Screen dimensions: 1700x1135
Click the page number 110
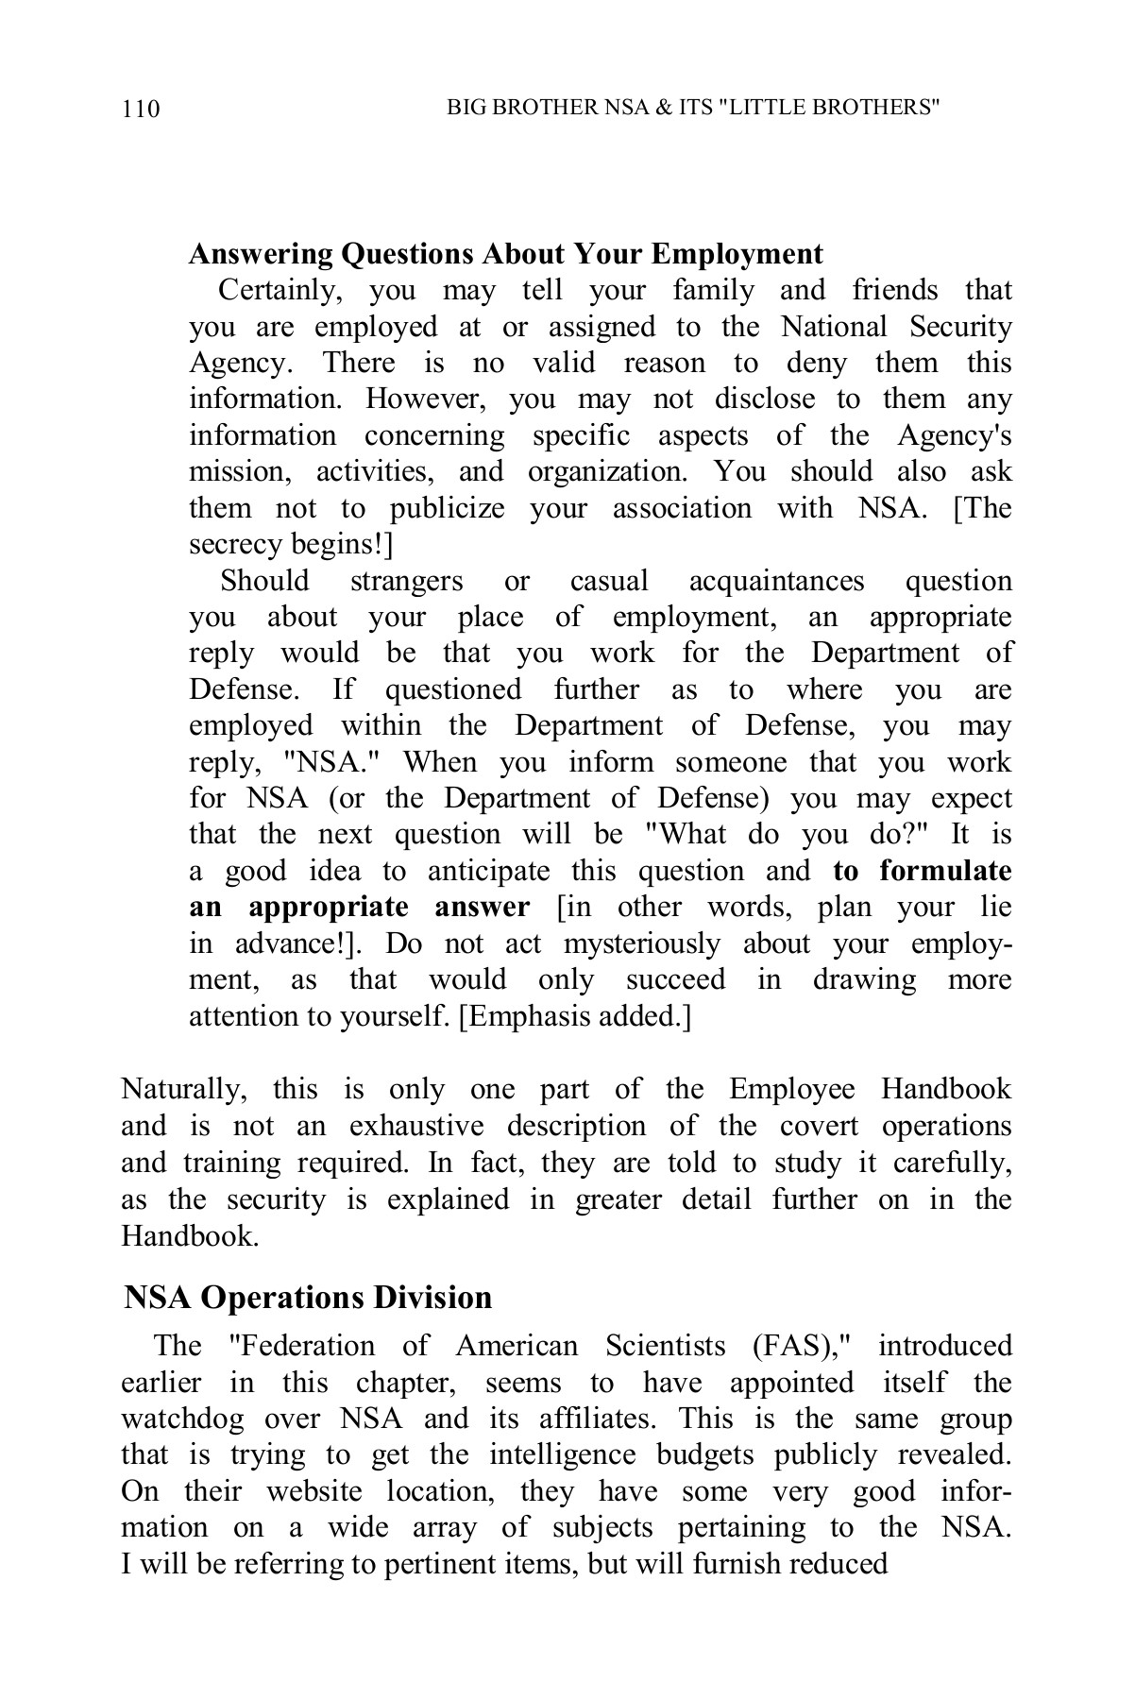coord(141,110)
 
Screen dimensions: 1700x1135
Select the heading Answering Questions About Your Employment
coord(505,254)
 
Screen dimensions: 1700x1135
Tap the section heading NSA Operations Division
coord(308,1297)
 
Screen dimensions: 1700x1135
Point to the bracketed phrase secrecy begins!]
coord(291,545)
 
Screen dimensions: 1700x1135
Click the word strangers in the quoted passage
coord(406,581)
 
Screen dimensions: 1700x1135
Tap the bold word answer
coord(482,908)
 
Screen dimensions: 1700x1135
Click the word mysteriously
coord(641,943)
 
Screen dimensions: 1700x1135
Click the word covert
coord(819,1127)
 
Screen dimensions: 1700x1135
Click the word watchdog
coord(182,1419)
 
